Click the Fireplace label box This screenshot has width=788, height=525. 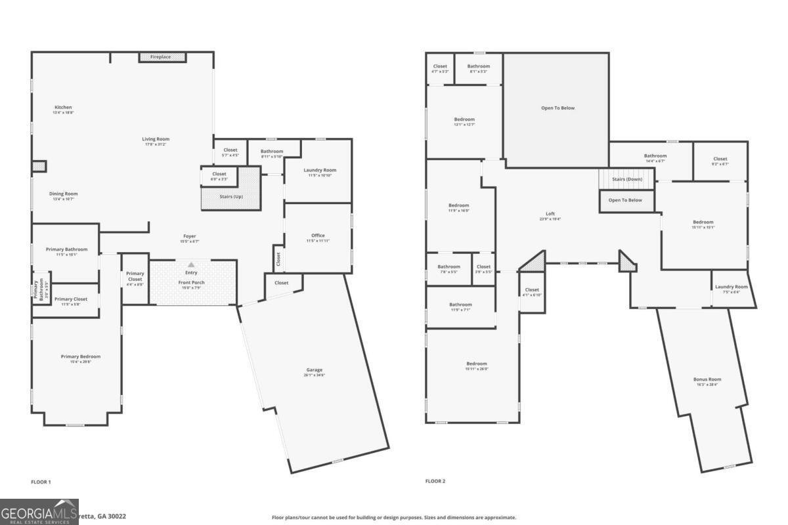click(x=162, y=58)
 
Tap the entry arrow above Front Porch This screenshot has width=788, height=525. click(x=191, y=264)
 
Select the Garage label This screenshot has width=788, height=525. click(x=313, y=372)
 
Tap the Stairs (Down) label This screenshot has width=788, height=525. click(x=627, y=179)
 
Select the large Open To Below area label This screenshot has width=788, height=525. click(x=558, y=108)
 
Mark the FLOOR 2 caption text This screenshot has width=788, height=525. click(x=435, y=481)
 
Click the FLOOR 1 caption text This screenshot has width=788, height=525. click(x=41, y=482)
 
